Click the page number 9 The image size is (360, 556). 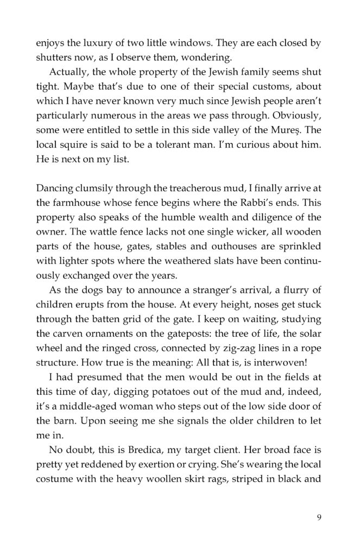point(318,516)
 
